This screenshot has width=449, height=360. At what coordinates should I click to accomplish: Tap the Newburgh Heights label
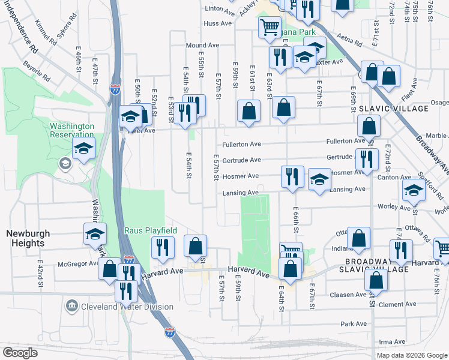[x=25, y=238]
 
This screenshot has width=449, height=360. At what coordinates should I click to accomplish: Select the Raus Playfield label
[x=150, y=230]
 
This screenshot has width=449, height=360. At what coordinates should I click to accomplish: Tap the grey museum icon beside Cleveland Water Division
[x=71, y=307]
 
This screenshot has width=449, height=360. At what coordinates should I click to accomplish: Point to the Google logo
[x=20, y=353]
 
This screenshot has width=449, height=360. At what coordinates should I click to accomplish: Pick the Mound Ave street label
[x=202, y=45]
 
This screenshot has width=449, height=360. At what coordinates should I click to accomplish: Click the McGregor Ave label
[x=77, y=263]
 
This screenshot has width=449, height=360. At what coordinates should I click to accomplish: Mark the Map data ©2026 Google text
[x=412, y=355]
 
